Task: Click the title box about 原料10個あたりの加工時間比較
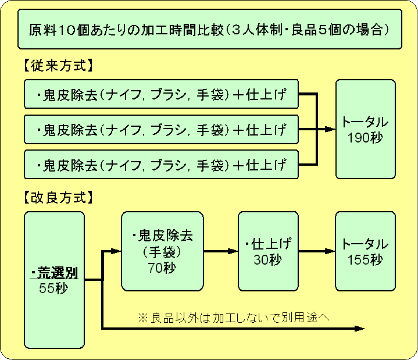pyautogui.click(x=209, y=29)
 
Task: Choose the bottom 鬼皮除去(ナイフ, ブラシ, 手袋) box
pyautogui.click(x=162, y=165)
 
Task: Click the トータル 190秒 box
pyautogui.click(x=365, y=129)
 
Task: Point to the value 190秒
pyautogui.click(x=365, y=138)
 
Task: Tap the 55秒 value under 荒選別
pyautogui.click(x=53, y=287)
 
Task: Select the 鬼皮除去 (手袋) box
pyautogui.click(x=162, y=251)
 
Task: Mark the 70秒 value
pyautogui.click(x=162, y=268)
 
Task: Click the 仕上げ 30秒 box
pyautogui.click(x=268, y=251)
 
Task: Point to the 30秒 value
pyautogui.click(x=268, y=259)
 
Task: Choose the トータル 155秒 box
pyautogui.click(x=365, y=251)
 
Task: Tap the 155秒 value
pyautogui.click(x=365, y=259)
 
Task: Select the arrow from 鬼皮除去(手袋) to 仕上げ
pyautogui.click(x=221, y=251)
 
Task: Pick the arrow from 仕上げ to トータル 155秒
pyautogui.click(x=317, y=251)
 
